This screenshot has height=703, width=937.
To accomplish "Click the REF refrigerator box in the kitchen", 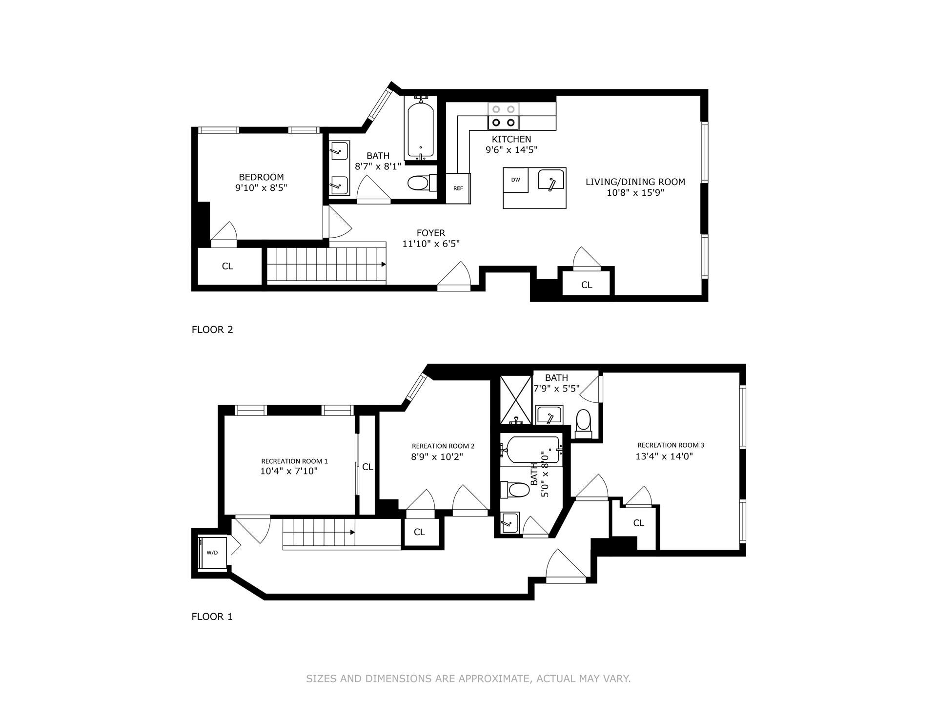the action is point(458,188).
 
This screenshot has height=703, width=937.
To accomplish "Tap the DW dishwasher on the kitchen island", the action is point(516,180).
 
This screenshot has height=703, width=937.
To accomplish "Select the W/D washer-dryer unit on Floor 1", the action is point(213,553).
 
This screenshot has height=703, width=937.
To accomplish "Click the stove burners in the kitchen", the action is point(504,116).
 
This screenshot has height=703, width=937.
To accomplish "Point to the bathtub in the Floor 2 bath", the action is point(420,130).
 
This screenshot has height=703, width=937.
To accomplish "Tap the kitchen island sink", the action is point(551,179).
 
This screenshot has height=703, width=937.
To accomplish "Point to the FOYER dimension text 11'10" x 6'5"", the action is point(431,244).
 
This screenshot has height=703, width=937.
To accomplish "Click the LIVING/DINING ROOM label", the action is point(635,182).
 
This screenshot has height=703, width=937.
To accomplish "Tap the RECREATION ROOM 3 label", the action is point(671,445).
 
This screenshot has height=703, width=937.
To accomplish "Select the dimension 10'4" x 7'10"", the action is point(289,471).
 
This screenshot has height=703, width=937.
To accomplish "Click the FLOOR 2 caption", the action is point(212,330).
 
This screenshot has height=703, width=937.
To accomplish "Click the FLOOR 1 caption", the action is point(212,617).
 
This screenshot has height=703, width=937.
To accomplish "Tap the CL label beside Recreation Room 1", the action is point(367,467).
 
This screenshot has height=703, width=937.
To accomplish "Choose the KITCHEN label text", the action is point(511,139).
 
